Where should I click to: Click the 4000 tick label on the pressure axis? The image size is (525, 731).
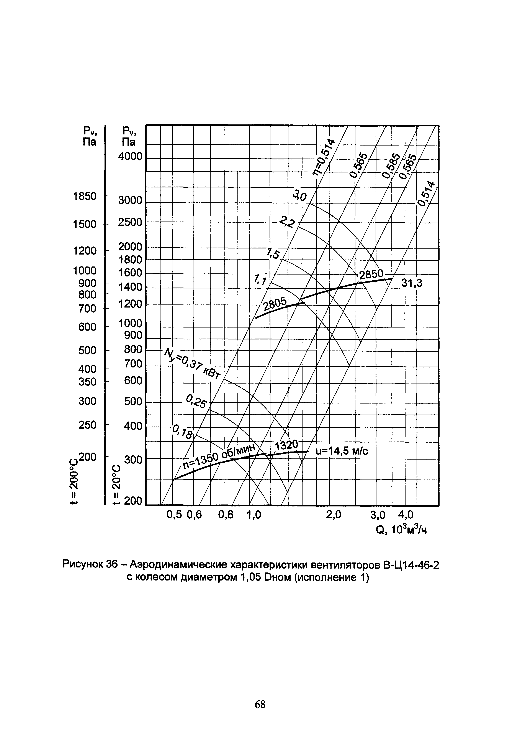(130, 157)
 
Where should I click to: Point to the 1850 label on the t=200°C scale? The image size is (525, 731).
(85, 196)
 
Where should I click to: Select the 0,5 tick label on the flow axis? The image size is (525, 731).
(174, 515)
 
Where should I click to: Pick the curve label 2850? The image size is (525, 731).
(371, 275)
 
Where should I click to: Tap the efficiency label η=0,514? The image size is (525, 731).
(324, 157)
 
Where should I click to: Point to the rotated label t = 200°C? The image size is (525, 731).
(75, 481)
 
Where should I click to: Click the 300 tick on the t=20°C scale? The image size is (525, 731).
(133, 460)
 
